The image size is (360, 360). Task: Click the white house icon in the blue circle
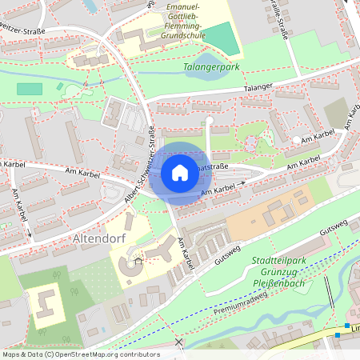(x=180, y=172)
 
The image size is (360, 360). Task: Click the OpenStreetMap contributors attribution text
(x=80, y=354)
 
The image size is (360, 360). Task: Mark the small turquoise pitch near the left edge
(x=29, y=89)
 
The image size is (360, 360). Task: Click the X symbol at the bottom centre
(x=178, y=342)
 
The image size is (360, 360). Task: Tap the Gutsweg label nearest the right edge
(x=336, y=227)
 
